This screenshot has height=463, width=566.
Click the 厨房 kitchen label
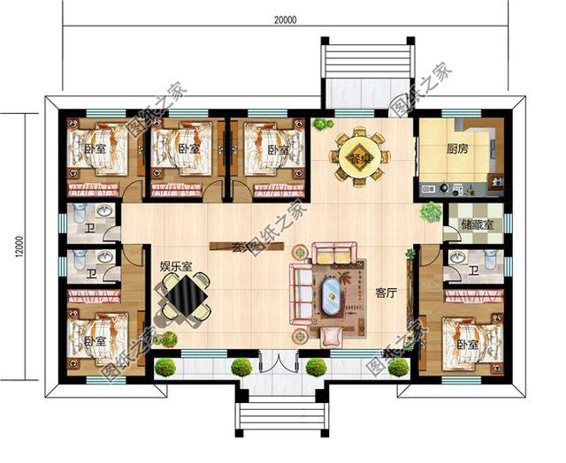pyautogui.click(x=457, y=149)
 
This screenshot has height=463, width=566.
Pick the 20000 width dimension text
pyautogui.click(x=285, y=18)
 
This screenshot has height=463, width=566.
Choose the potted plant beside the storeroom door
pyautogui.click(x=430, y=211)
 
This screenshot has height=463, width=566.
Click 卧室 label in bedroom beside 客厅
pyautogui.click(x=467, y=343)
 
